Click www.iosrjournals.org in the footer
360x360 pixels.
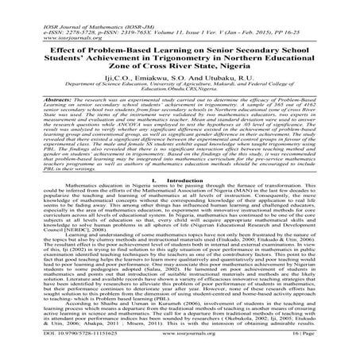coord(180,352)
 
